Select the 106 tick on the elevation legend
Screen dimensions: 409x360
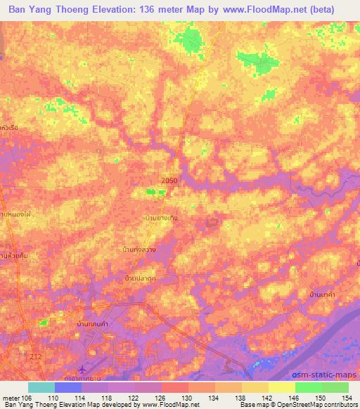click(25, 397)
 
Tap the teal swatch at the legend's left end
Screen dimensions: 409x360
click(41, 387)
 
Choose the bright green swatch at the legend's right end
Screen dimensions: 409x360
click(335, 387)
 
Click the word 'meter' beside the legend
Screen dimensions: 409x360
click(11, 397)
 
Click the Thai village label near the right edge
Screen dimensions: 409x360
click(321, 294)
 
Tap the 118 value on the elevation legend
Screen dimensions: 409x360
click(107, 397)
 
